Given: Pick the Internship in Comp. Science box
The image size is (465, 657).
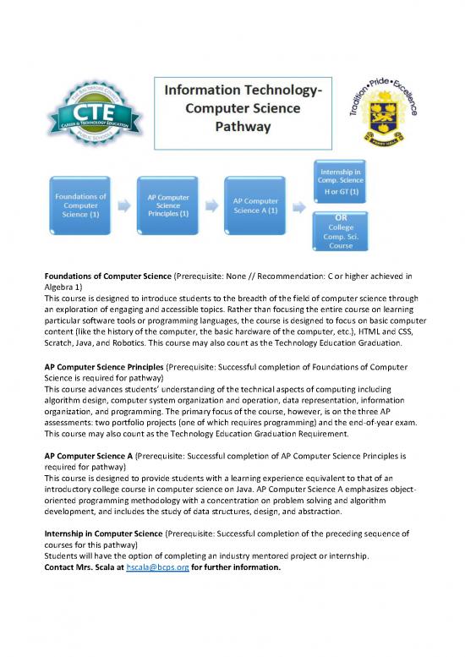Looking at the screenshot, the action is (x=341, y=178).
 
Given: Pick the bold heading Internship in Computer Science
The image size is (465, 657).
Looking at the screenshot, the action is (x=103, y=534).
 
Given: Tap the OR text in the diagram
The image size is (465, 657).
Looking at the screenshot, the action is (x=341, y=216).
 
